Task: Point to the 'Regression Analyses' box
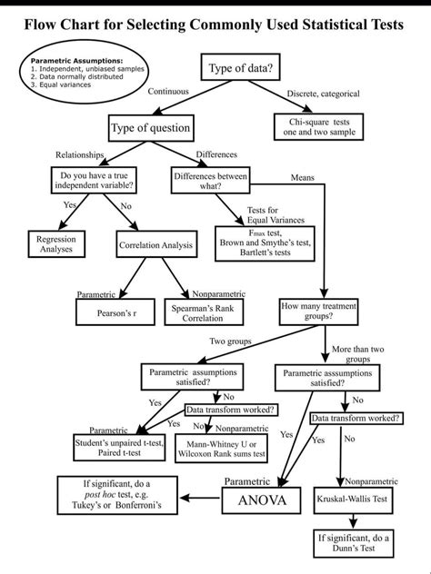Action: point(55,243)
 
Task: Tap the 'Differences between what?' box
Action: point(211,181)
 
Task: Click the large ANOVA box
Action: point(262,500)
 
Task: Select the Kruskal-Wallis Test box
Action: point(353,499)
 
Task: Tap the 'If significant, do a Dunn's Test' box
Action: point(354,543)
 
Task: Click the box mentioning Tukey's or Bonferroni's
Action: point(116,496)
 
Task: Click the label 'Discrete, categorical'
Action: point(323,94)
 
